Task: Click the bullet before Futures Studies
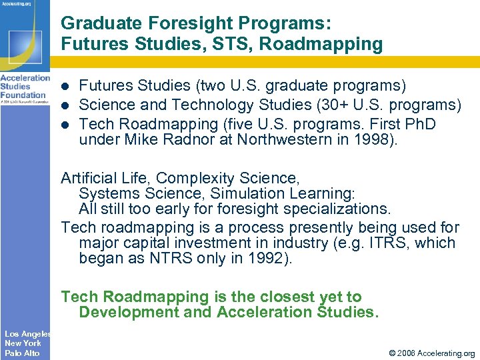click(65, 87)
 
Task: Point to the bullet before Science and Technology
click(65, 105)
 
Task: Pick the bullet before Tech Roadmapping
click(65, 124)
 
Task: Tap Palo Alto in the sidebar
click(22, 353)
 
